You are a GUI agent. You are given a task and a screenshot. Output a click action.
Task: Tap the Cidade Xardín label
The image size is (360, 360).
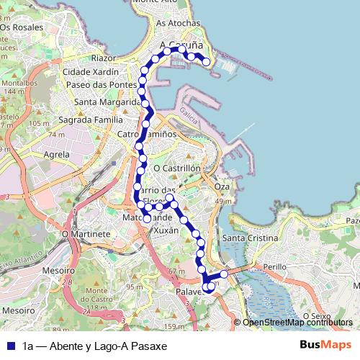coord(91,72)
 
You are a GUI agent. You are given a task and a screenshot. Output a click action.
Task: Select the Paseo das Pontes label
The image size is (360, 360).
coord(102,85)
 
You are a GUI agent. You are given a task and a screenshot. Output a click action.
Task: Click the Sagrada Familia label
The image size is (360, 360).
coord(91,119)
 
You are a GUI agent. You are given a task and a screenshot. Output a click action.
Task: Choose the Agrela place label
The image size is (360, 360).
coord(57,154)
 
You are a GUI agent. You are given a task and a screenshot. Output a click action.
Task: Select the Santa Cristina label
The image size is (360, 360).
coord(250,238)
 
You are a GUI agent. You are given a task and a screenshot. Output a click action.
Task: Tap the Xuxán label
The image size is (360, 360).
coord(166,232)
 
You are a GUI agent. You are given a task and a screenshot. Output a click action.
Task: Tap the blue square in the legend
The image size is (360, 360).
coord(10,346)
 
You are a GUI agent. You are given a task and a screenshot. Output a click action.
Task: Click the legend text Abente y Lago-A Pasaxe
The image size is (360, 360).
coord(94,346)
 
